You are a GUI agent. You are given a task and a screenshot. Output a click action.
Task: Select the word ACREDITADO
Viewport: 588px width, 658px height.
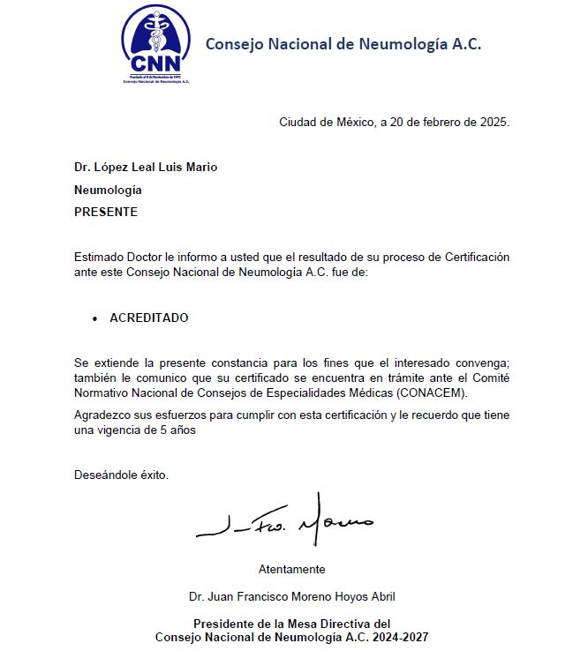pyautogui.click(x=148, y=318)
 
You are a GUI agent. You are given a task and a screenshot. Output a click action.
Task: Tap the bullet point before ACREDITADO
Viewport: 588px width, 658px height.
pyautogui.click(x=94, y=318)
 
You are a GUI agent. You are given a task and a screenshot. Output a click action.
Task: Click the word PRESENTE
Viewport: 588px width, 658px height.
pyautogui.click(x=106, y=212)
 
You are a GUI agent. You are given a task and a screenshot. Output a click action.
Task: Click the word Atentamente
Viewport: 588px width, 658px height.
pyautogui.click(x=291, y=569)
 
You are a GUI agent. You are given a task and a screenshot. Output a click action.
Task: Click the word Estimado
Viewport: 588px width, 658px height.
pyautogui.click(x=101, y=258)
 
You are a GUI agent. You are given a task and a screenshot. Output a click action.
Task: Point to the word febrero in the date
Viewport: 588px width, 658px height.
pyautogui.click(x=426, y=123)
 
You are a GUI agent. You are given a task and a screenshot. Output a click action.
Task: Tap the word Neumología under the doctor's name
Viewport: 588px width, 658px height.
pyautogui.click(x=108, y=190)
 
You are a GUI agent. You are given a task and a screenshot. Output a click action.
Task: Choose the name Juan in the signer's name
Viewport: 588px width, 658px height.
pyautogui.click(x=224, y=596)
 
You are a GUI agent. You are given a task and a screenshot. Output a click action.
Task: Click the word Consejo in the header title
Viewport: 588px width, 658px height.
pyautogui.click(x=234, y=44)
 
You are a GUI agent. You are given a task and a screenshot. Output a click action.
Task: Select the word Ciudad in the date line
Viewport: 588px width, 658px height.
pyautogui.click(x=298, y=123)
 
